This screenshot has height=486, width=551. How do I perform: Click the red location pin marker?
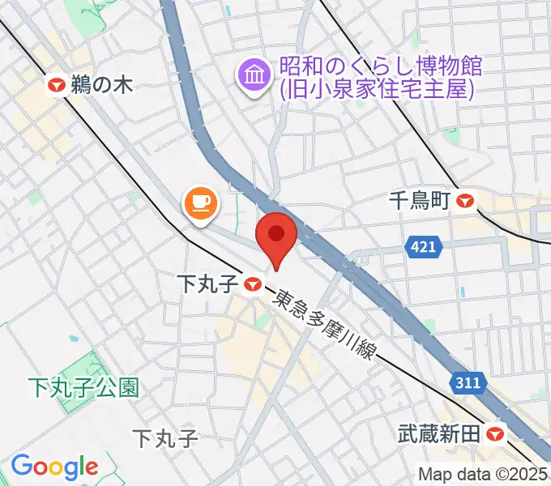pos(276,236)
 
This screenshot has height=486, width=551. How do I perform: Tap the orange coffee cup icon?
pos(200,202)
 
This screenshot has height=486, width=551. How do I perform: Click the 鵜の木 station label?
pos(100,83)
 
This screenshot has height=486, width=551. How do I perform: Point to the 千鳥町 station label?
pos(419,200)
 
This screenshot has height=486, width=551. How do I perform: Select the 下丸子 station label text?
pos(207,283)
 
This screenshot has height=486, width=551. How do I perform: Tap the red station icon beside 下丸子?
pos(253,283)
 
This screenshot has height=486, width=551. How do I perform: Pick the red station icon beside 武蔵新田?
pos(497,434)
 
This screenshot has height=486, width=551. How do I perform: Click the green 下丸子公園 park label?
pos(83,387)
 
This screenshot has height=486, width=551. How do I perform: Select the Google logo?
pos(54,467)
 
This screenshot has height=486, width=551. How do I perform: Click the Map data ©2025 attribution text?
pos(483,474)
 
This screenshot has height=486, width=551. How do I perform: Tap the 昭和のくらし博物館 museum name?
pos(381,66)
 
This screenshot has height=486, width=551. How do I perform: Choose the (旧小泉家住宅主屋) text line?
pos(377,88)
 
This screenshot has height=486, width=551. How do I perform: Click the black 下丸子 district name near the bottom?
pos(164,439)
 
